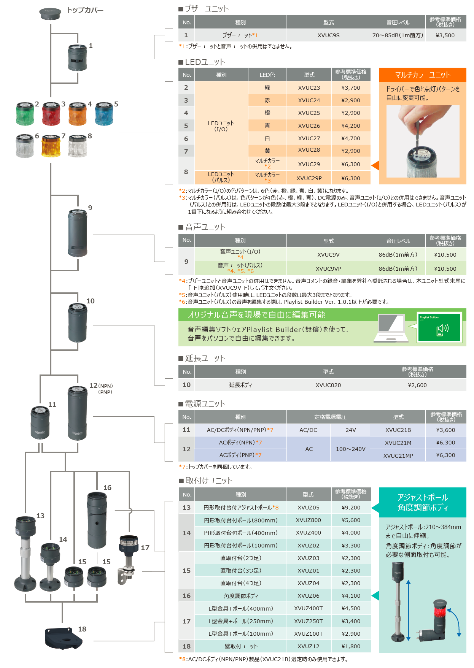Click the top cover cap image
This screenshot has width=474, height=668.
[x=50, y=13]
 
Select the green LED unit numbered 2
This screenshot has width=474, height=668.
[x=25, y=113]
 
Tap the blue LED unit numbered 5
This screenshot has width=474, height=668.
[x=104, y=113]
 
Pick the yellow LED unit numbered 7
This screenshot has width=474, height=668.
[x=51, y=146]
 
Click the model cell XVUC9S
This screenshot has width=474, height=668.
[x=328, y=35]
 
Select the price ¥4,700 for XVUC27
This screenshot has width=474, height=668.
[x=350, y=138]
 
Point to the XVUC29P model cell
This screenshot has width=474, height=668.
[x=309, y=178]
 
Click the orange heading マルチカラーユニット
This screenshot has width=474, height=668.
[x=422, y=75]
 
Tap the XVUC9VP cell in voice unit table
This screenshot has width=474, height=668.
[x=328, y=268]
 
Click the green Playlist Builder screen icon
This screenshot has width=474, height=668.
[x=439, y=327]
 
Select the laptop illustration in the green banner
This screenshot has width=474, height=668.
[x=391, y=328]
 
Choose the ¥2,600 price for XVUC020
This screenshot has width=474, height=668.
[x=417, y=385]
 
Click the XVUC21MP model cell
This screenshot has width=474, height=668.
[x=398, y=455]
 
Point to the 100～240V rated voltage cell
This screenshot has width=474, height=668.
[x=350, y=449]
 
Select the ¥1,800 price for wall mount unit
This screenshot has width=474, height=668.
[x=350, y=646]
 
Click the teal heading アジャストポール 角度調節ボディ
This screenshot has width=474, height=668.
[x=422, y=502]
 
